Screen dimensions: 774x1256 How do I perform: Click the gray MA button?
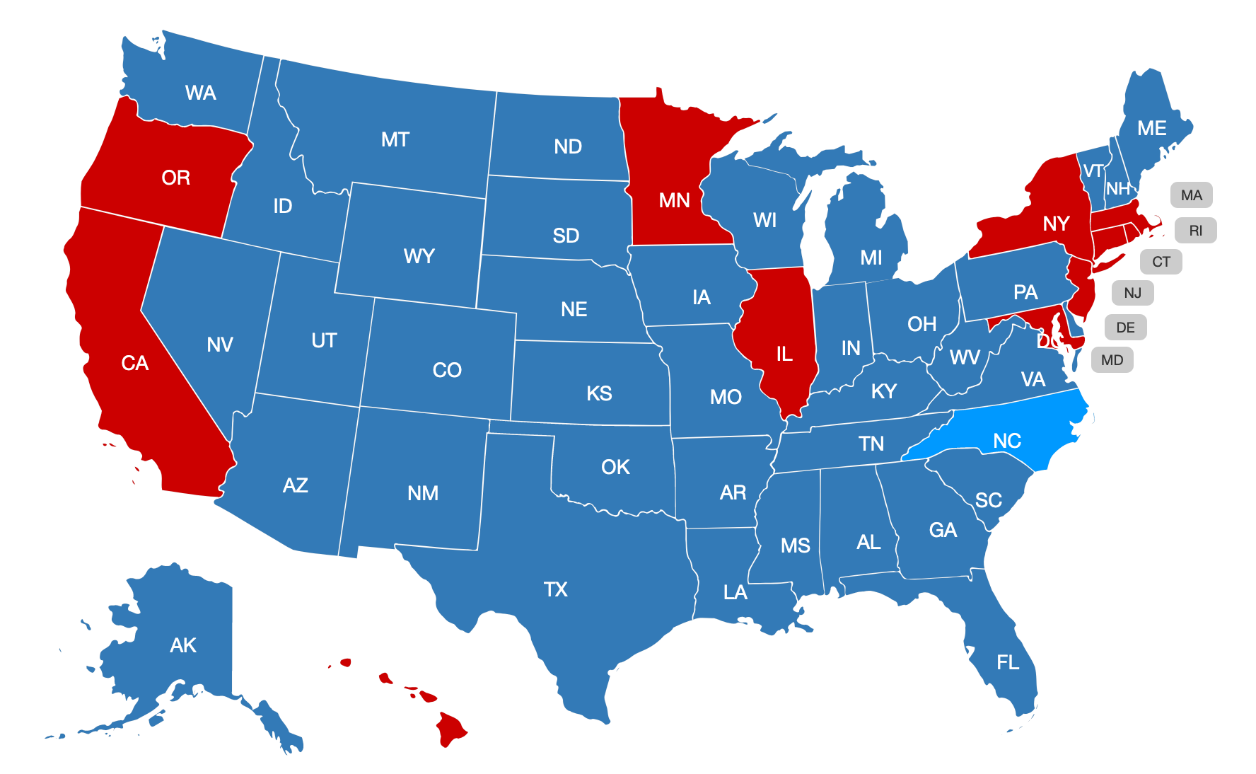tap(1191, 195)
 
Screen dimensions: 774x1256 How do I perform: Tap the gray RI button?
tap(1195, 231)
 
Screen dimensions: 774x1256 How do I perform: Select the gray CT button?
tap(1161, 262)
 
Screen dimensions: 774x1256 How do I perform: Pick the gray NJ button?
tap(1132, 293)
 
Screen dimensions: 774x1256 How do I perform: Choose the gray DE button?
tap(1125, 328)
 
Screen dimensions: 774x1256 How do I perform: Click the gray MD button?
tap(1112, 360)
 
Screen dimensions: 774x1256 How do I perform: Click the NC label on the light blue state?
tap(1006, 441)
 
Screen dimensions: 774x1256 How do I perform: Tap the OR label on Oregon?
tap(175, 178)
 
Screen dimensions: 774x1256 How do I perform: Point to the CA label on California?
tap(134, 363)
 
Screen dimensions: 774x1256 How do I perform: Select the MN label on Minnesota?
tap(674, 200)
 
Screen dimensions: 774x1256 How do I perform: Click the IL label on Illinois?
tap(784, 354)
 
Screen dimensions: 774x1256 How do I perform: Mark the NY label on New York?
tap(1056, 224)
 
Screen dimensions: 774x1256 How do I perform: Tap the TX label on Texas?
tap(555, 589)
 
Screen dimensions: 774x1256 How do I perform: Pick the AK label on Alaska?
tap(183, 645)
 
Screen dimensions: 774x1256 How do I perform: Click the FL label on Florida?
tap(1008, 662)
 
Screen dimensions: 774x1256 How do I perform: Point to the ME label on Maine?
tap(1151, 128)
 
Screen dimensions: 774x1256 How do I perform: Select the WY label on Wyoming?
tap(419, 256)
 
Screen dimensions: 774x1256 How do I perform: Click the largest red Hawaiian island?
tap(450, 729)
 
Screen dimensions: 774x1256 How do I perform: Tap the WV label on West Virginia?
tap(965, 357)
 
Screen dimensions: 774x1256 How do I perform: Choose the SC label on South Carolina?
tap(988, 500)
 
